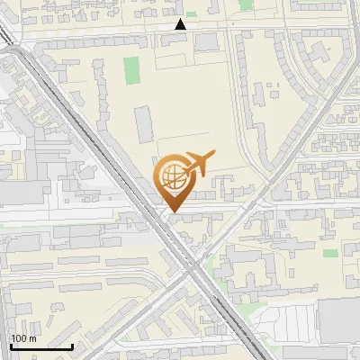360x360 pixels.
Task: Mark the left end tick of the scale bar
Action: [x=11, y=346]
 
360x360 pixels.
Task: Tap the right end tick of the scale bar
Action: [x=72, y=346]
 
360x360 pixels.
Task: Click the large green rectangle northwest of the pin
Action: [x=132, y=70]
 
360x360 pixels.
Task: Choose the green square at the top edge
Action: [x=246, y=4]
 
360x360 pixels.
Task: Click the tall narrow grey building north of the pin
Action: [x=144, y=124]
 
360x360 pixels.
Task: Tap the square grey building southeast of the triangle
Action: [x=205, y=41]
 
